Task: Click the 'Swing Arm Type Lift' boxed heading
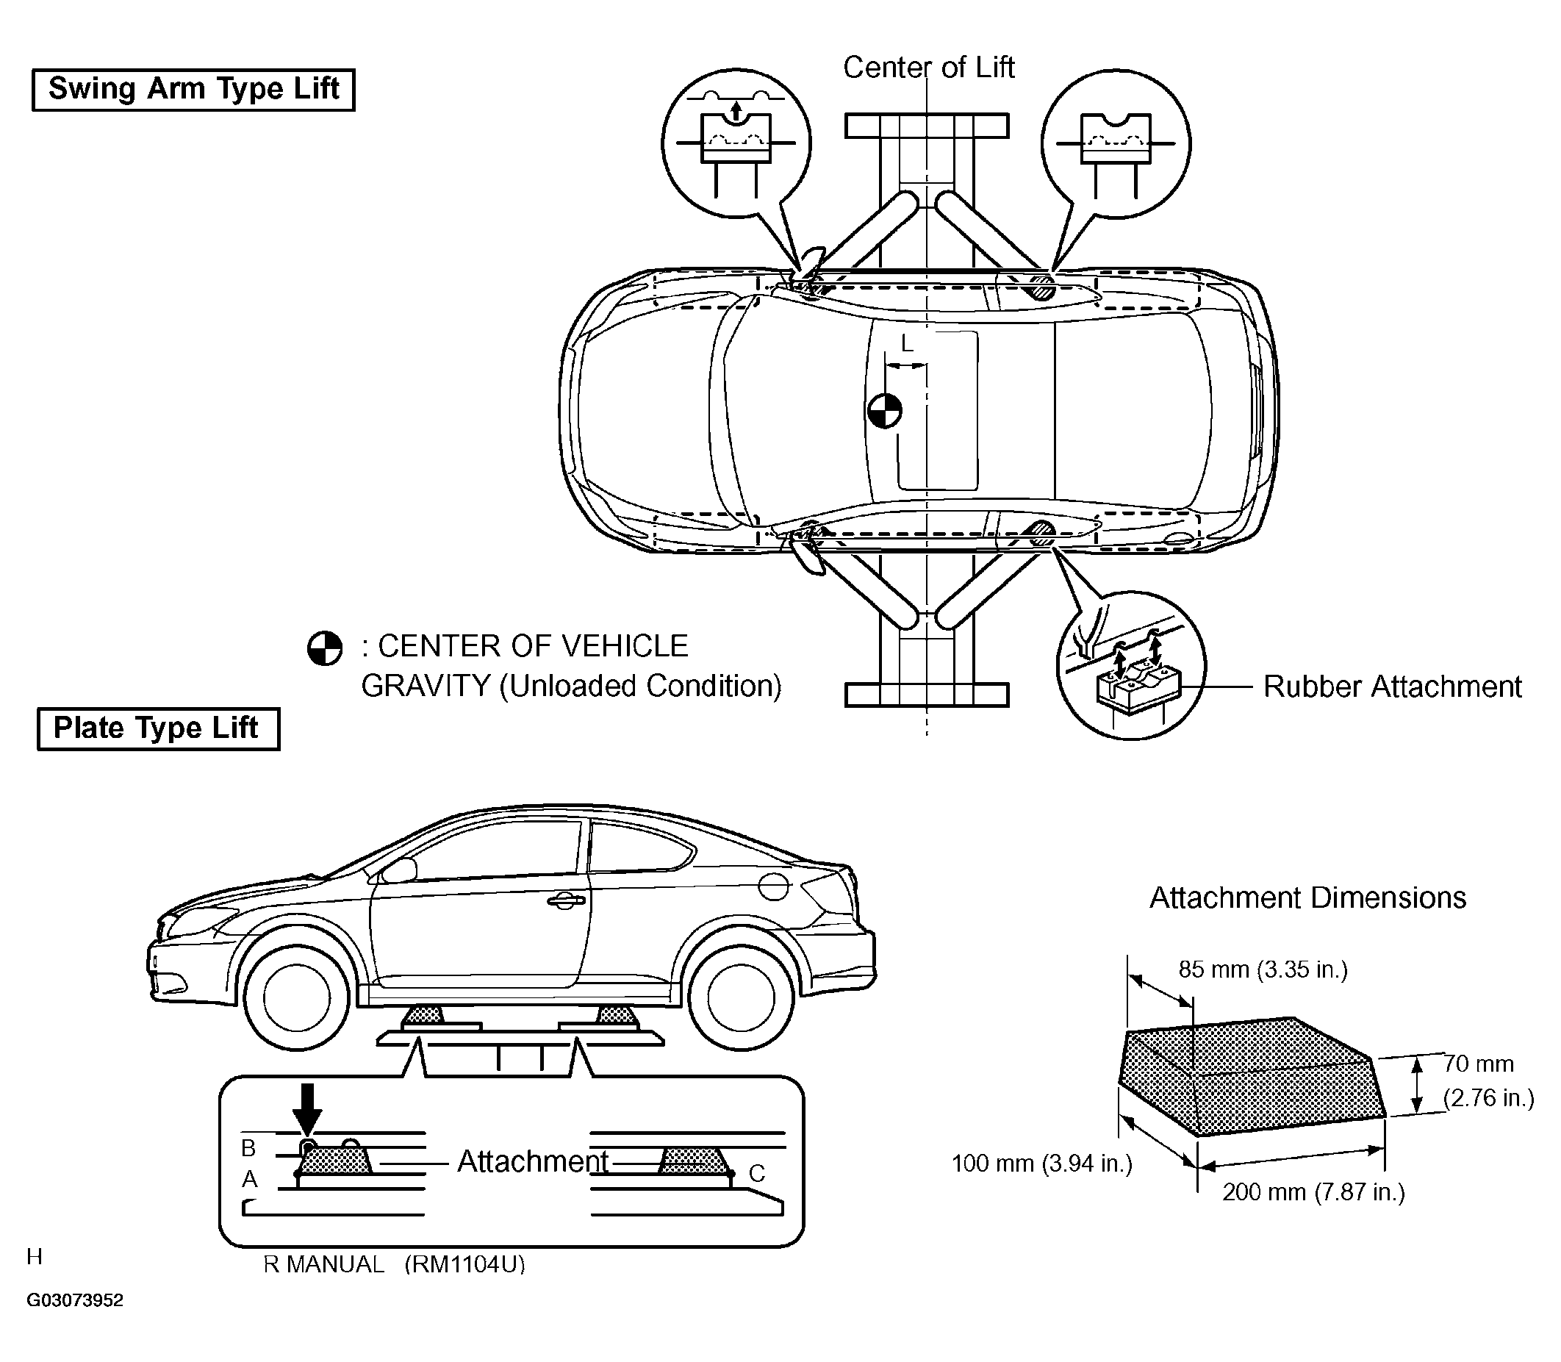(x=193, y=90)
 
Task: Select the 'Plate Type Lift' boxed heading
(x=157, y=728)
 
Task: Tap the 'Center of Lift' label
(x=929, y=68)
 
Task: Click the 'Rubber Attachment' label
(x=1392, y=687)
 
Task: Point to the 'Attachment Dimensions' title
(x=1307, y=897)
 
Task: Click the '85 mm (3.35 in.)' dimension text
(x=1263, y=969)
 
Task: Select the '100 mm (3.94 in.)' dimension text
(x=1042, y=1163)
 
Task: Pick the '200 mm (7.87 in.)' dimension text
(x=1313, y=1191)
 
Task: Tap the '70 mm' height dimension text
(x=1478, y=1064)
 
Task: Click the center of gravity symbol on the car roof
(x=884, y=410)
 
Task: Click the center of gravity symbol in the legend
(x=325, y=649)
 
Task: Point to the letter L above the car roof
(x=907, y=344)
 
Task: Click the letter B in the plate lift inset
(x=248, y=1147)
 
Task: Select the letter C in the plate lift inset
(x=756, y=1174)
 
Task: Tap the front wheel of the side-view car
(x=296, y=995)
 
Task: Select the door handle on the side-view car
(x=566, y=900)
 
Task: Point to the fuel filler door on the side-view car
(x=773, y=886)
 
